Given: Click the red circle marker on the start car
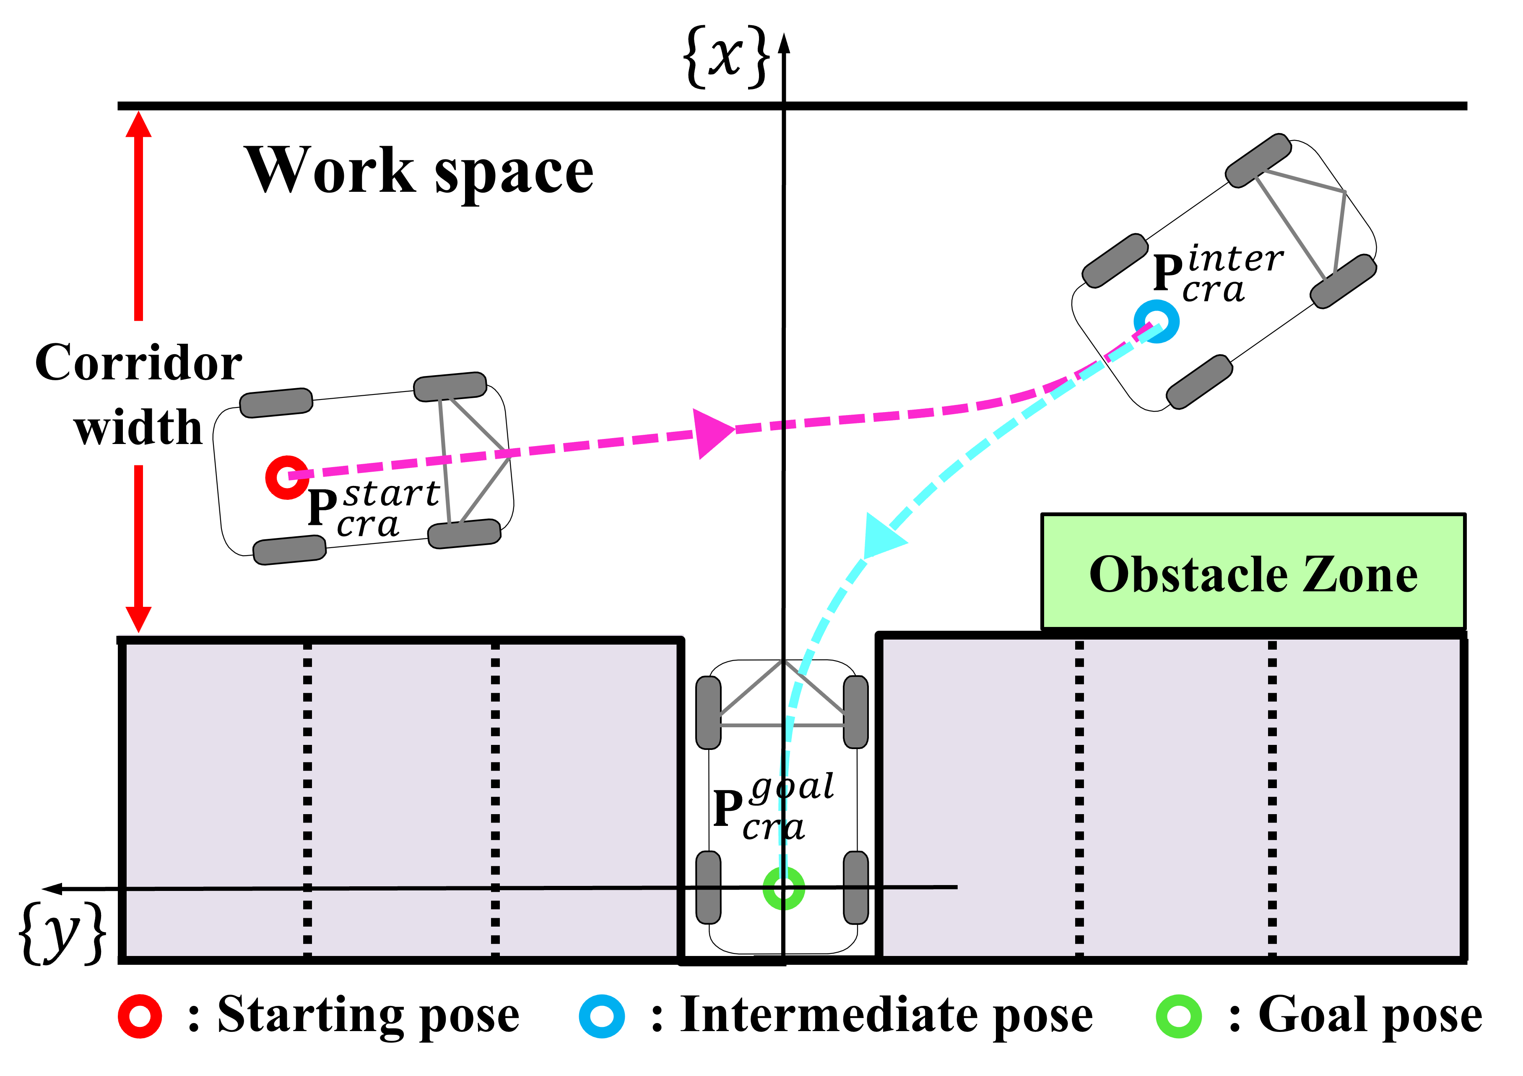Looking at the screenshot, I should pos(286,477).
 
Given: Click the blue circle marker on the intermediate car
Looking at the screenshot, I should pos(1156,322).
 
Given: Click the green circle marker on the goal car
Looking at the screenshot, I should pos(783,888).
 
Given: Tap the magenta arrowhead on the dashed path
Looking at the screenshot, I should pos(713,433).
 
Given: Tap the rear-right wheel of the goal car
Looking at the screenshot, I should pos(855,888).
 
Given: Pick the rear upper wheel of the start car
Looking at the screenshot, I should pos(276,403).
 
